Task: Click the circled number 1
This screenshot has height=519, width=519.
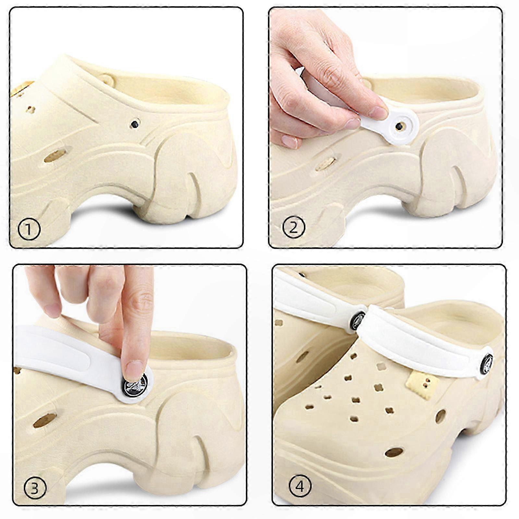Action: [29, 229]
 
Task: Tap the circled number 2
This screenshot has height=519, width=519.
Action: [294, 227]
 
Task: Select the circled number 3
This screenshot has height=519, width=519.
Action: [35, 488]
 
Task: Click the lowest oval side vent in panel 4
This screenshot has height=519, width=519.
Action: [394, 452]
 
